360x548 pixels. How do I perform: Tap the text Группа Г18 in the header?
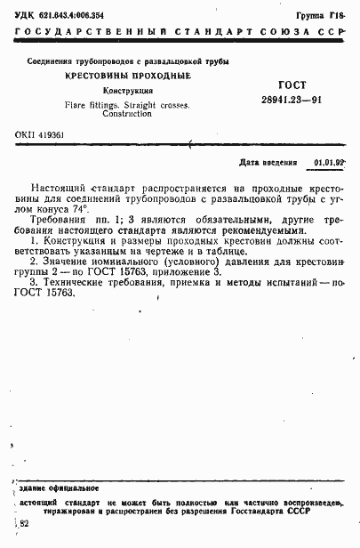[324, 15]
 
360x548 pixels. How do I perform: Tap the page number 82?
[23, 528]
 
